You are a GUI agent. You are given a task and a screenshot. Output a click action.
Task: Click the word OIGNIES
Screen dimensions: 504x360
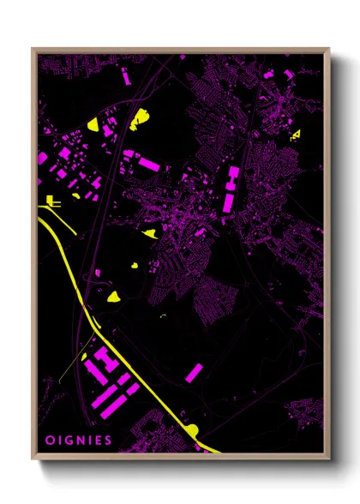[78, 441]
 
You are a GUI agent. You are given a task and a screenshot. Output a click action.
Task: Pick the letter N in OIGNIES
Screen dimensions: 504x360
[78, 441]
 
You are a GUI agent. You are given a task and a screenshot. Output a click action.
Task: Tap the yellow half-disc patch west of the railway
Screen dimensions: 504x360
[93, 125]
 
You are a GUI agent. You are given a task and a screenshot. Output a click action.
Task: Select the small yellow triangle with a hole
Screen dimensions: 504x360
[296, 135]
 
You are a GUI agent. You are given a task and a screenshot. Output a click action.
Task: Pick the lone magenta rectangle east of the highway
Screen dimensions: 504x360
[195, 373]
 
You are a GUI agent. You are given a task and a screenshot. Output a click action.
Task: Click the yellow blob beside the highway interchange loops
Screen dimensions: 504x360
[113, 297]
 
